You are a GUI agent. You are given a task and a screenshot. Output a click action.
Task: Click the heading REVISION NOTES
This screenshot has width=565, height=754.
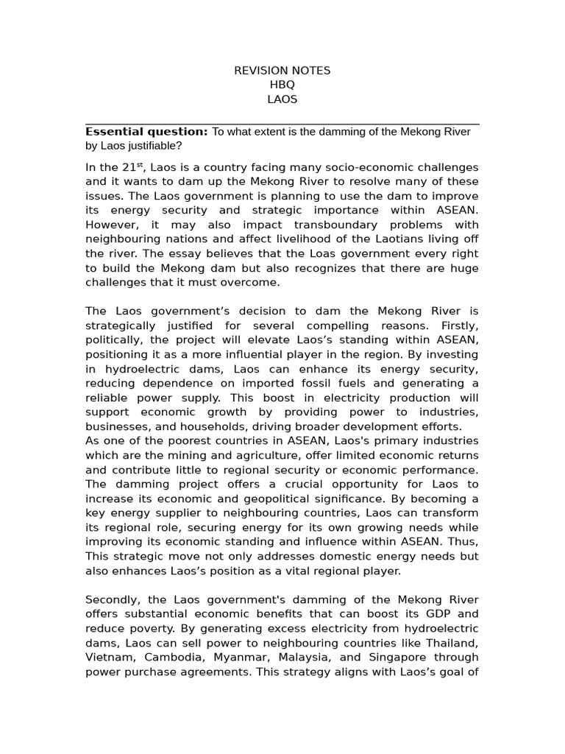coord(282,71)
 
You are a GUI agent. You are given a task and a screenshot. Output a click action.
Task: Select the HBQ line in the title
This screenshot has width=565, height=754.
coord(282,85)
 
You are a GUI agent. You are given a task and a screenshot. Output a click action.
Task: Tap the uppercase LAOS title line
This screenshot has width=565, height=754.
coord(282,99)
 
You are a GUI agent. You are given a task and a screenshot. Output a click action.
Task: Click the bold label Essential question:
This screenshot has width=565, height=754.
coord(146,132)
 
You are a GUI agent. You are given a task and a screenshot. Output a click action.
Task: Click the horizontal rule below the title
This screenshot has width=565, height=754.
coord(282,124)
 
